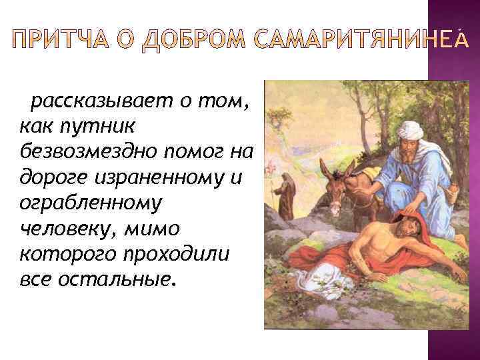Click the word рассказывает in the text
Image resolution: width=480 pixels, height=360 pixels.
(x=107, y=102)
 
